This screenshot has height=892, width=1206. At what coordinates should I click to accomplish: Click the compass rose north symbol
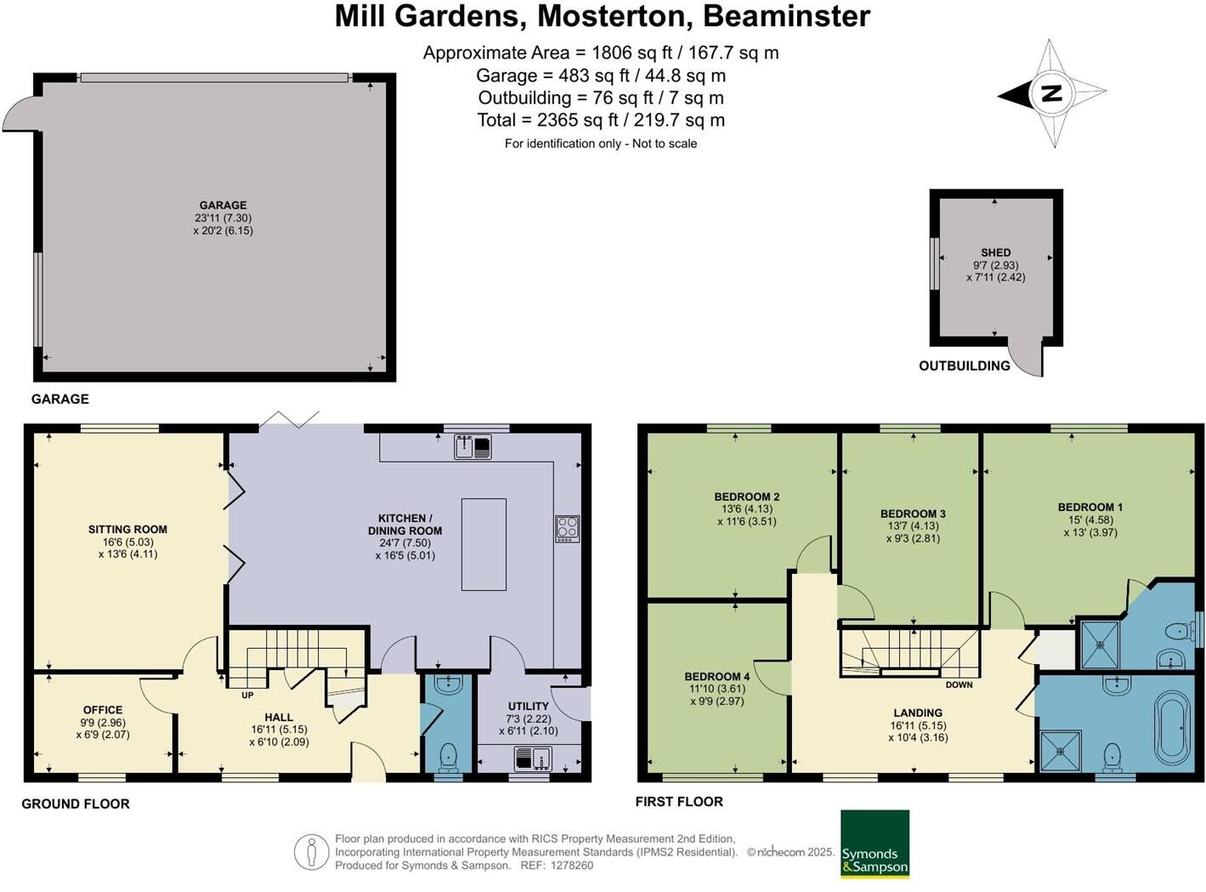tap(1052, 94)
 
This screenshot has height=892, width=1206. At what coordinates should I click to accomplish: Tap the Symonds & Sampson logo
tap(875, 844)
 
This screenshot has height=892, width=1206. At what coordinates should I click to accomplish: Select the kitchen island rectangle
tap(484, 544)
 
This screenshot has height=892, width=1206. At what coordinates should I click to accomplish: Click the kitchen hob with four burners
tap(567, 528)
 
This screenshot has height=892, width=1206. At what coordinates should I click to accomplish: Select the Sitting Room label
tap(127, 529)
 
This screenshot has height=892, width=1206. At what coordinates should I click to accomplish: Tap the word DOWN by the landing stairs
tap(958, 685)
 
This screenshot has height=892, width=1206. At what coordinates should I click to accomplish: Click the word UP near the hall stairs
tap(247, 695)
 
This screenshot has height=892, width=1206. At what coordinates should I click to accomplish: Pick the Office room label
tap(103, 709)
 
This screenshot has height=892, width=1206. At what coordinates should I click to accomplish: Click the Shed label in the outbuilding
tap(995, 253)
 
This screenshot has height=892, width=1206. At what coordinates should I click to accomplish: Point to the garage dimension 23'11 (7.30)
tap(223, 218)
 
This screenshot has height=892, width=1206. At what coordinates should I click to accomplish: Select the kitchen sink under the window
tap(473, 446)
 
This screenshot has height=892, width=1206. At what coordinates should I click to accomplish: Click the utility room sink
tap(533, 757)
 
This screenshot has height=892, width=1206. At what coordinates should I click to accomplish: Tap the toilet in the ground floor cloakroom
tap(448, 755)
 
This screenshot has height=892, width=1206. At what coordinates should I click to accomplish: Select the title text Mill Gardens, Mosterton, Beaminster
tap(602, 16)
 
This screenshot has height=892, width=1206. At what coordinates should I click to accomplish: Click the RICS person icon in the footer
tap(312, 852)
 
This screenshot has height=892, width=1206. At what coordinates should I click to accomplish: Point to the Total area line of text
tap(601, 120)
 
